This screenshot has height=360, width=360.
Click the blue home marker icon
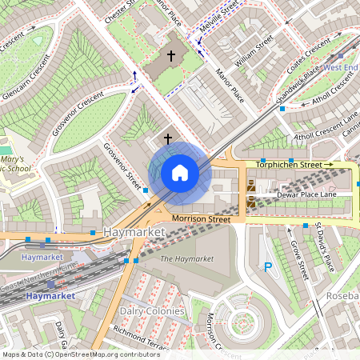(180, 173)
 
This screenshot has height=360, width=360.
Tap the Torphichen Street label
(294, 165)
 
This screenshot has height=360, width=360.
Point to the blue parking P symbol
(268, 267)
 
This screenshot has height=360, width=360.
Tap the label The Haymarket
(187, 259)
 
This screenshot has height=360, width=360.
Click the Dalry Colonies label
(152, 310)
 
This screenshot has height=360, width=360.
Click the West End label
(341, 68)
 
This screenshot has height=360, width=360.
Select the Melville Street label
(218, 18)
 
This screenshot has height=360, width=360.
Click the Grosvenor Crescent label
(78, 113)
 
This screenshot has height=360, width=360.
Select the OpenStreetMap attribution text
(81, 354)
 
